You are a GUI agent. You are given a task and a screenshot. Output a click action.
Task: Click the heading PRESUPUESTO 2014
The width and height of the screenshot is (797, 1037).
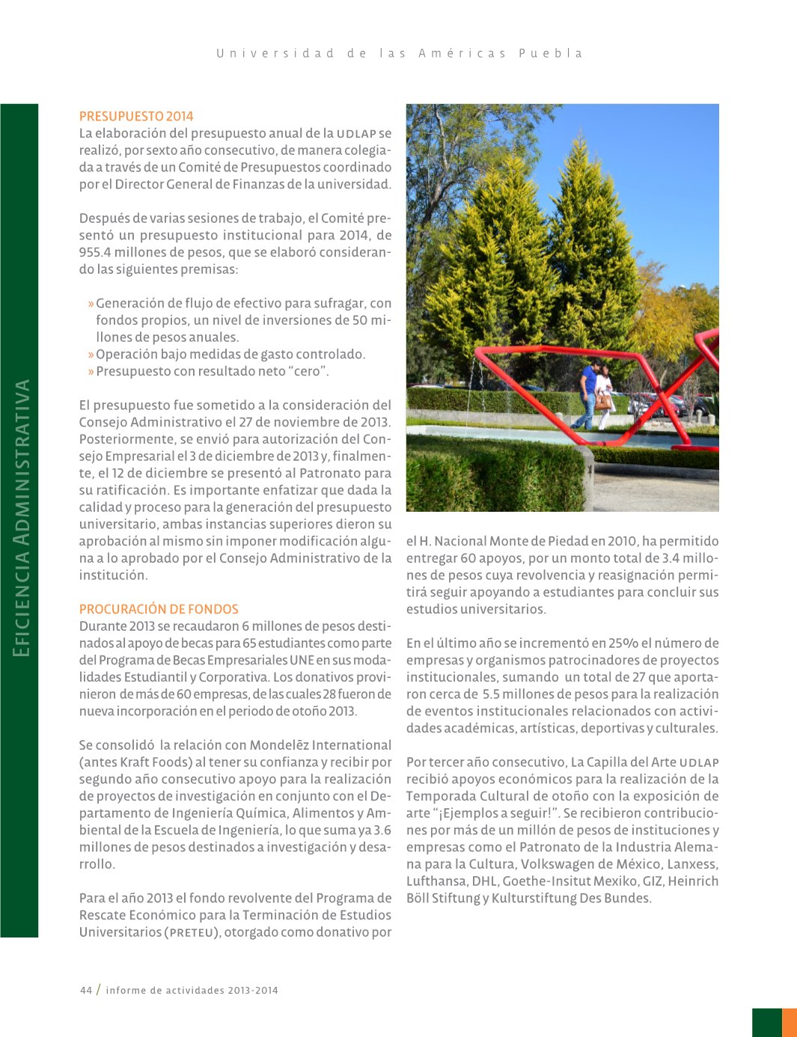(x=136, y=116)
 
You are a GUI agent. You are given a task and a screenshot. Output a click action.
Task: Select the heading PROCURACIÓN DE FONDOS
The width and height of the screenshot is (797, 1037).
(x=159, y=609)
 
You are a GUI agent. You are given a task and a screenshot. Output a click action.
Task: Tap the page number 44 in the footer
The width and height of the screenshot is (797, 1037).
(x=86, y=990)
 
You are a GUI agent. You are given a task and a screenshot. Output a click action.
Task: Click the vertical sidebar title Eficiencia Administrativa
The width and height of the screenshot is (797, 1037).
(x=22, y=518)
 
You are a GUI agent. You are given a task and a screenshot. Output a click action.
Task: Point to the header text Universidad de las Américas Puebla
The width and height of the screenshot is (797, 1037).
(x=400, y=53)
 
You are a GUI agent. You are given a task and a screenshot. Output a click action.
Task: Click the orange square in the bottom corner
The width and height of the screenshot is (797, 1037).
(x=789, y=1022)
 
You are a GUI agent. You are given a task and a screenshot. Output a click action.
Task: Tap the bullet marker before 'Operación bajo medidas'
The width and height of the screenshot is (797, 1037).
(x=91, y=355)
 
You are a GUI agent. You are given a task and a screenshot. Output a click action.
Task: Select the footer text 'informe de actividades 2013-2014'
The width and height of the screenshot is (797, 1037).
(x=192, y=990)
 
